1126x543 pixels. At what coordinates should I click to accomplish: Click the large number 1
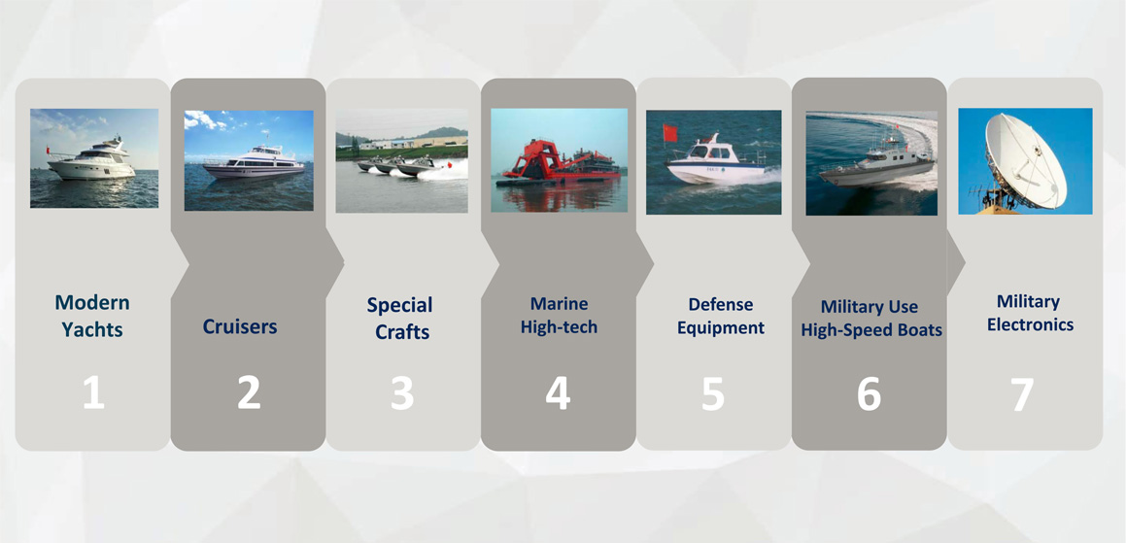point(93,393)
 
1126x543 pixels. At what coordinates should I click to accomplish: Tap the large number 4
point(558,393)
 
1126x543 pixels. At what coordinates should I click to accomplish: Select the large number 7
point(1022,393)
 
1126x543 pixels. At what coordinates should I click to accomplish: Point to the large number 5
point(712,393)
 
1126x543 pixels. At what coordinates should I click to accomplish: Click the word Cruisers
point(240,326)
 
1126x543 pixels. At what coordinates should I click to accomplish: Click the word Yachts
point(92,329)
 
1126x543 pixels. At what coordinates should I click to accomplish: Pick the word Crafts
point(402,332)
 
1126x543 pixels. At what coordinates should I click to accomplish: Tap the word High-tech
point(559,327)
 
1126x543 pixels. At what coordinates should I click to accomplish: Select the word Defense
point(720,305)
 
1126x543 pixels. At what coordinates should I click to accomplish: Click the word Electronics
point(1030,324)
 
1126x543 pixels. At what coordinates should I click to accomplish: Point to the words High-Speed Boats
point(871,330)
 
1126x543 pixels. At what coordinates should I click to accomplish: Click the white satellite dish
point(1025,161)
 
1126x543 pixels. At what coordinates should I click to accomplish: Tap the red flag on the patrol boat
point(670,133)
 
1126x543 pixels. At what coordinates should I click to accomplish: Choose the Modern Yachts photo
point(94,158)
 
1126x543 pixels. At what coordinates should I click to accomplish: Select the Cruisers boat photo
point(249,160)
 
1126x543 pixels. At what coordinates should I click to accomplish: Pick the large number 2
point(249,393)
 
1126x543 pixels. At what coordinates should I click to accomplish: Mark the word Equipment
point(721,328)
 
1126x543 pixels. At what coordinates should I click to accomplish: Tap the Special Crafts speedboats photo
point(401,160)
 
